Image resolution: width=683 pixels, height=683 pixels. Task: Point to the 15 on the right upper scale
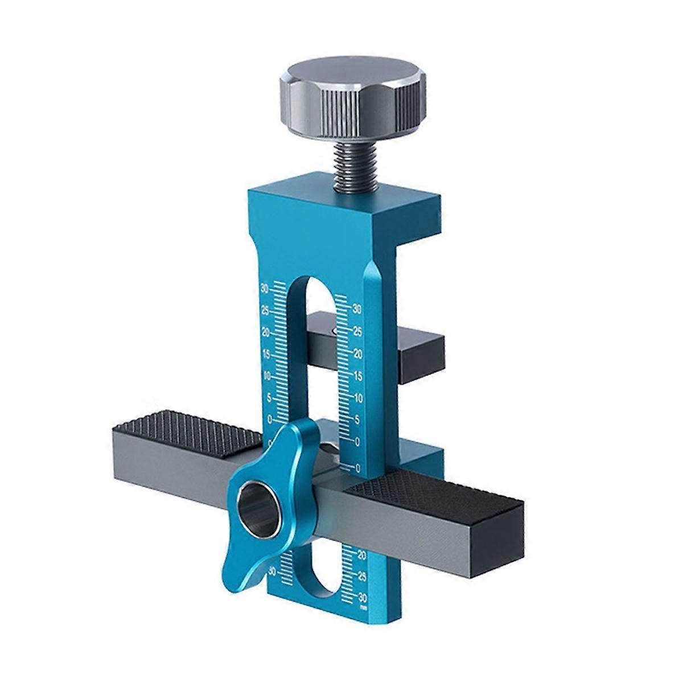pyautogui.click(x=358, y=376)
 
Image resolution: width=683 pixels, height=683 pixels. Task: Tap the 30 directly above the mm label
pyautogui.click(x=362, y=596)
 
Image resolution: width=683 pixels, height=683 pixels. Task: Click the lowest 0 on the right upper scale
pyautogui.click(x=357, y=468)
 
